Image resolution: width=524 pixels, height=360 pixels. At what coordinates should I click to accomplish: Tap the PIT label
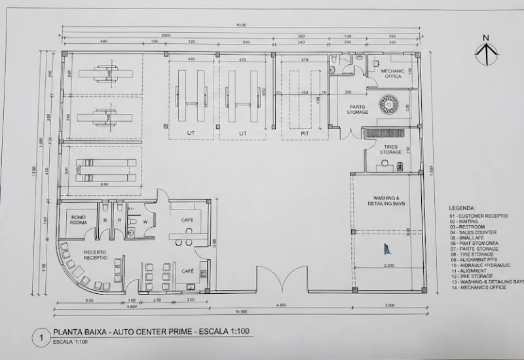[304, 133]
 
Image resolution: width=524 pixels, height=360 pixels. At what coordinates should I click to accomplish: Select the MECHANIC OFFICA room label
[392, 74]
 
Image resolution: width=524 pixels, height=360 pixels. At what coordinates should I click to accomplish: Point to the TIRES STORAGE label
[390, 150]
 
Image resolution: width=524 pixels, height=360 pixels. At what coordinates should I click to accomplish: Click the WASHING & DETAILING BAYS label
[390, 201]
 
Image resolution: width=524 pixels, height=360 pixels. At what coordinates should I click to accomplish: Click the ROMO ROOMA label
[79, 220]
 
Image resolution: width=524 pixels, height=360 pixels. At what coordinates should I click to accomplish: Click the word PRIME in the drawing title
[174, 333]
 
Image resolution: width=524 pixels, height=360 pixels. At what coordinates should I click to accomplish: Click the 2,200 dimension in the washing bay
[389, 265]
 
